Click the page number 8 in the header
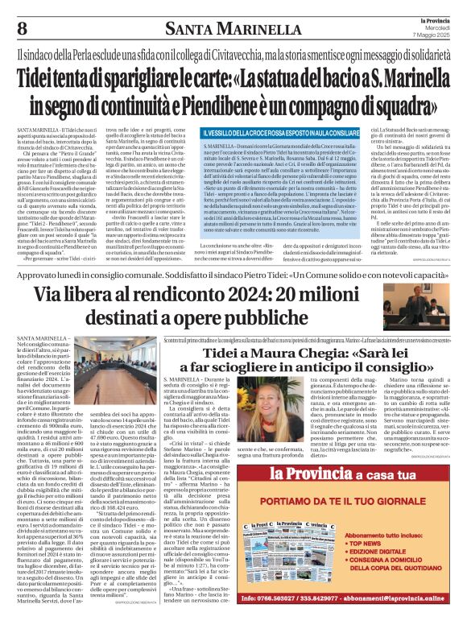22,30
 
